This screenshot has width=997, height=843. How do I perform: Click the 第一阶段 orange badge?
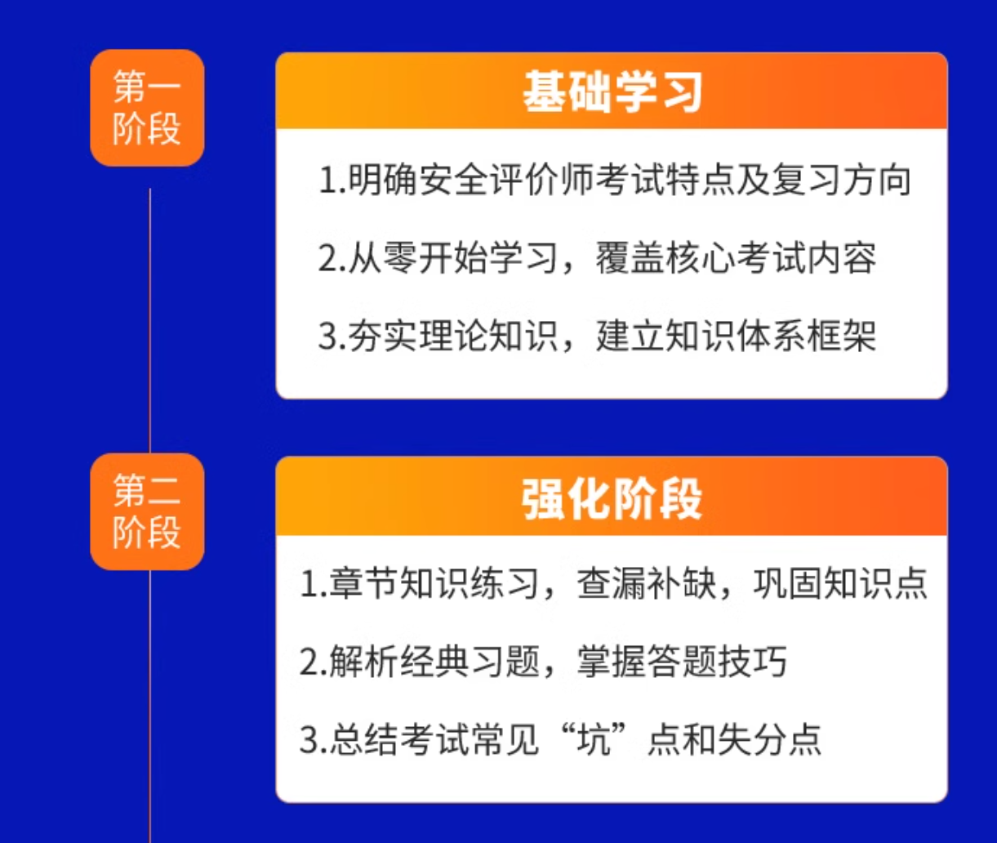[147, 108]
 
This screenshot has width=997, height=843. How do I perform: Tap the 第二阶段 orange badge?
[147, 511]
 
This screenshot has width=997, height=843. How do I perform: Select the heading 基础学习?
[612, 91]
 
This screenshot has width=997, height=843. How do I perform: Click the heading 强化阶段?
[612, 499]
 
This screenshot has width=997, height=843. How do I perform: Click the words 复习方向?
[842, 180]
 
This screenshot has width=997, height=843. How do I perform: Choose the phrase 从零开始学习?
[453, 257]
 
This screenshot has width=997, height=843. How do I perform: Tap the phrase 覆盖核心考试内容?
[736, 257]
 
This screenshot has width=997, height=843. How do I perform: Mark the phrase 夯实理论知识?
[453, 336]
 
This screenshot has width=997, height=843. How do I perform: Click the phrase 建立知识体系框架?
[736, 336]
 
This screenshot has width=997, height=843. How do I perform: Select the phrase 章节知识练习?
[434, 583]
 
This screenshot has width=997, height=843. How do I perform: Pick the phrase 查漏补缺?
[648, 583]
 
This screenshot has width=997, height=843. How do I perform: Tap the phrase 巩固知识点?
[840, 583]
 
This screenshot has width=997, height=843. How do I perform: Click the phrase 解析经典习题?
[434, 661]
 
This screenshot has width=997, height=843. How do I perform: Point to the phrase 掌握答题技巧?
[682, 661]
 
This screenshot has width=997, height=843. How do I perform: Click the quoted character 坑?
[594, 739]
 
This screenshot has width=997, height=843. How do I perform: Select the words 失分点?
[770, 739]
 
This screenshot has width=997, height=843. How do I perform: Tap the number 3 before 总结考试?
[309, 740]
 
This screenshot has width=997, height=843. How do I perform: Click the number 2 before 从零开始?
[327, 258]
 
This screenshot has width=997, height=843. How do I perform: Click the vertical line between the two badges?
[149, 321]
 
